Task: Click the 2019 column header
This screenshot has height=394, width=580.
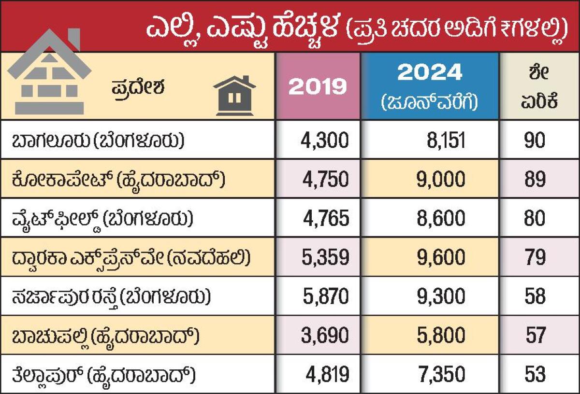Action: [x=318, y=86]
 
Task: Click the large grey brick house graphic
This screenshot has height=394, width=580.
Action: [x=50, y=72]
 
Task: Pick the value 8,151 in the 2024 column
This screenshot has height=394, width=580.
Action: [x=441, y=141]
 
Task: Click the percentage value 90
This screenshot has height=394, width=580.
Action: [x=534, y=141]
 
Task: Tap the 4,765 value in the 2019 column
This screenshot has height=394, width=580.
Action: [x=325, y=218]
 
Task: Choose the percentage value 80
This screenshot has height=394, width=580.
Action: [x=534, y=218]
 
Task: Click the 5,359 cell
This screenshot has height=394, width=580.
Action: [x=324, y=257]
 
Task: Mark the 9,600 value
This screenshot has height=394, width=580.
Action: [x=441, y=257]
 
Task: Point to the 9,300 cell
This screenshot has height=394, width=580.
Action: [x=441, y=296]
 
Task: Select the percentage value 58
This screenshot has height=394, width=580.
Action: [x=534, y=296]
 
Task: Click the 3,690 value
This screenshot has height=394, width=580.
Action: [x=324, y=335]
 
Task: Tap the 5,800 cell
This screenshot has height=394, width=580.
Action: [x=441, y=335]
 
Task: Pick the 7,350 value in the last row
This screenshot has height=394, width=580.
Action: [x=441, y=374]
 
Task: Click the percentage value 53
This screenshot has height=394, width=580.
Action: [x=534, y=374]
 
